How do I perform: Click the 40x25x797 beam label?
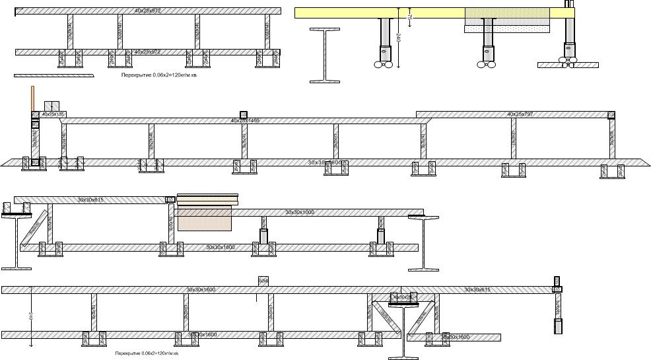(520, 114)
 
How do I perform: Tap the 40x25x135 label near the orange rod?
(53, 114)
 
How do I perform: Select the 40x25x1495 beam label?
(245, 121)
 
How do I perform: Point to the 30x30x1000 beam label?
(300, 213)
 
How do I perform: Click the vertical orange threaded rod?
(32, 98)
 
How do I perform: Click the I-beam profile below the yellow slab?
(325, 55)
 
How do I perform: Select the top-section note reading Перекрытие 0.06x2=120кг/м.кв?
(159, 75)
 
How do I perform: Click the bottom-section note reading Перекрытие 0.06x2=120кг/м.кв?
(147, 353)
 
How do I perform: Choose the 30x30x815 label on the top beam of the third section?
(90, 199)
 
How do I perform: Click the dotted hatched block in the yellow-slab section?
(508, 20)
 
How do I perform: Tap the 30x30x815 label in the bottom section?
(477, 289)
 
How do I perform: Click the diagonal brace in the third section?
(34, 227)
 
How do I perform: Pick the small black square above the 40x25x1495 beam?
(243, 114)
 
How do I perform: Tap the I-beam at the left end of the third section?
(17, 241)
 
